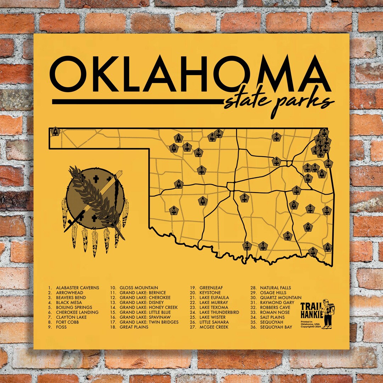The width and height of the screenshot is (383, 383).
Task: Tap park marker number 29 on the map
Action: coord(277,137)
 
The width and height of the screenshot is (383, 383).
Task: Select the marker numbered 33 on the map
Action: coord(201,170)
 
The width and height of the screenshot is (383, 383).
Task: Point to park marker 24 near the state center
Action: coord(244,198)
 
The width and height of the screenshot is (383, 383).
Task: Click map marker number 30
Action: coord(174,211)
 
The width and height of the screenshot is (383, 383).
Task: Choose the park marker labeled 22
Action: coord(247,245)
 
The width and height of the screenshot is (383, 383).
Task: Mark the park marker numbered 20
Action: coord(277,161)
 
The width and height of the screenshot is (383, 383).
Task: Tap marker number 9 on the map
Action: coord(179,184)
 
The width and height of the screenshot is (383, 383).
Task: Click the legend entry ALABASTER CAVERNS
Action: coord(77,288)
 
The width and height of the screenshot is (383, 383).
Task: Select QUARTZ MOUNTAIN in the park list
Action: coord(281,298)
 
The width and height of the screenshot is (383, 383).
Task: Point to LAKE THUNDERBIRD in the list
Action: coord(219,312)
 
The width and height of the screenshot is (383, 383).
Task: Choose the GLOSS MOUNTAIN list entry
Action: coord(139,288)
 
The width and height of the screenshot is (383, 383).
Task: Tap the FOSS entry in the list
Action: coord(61,327)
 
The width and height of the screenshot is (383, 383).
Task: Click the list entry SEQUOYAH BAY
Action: coord(276,327)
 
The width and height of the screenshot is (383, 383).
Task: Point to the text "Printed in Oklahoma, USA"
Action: coord(310,323)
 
